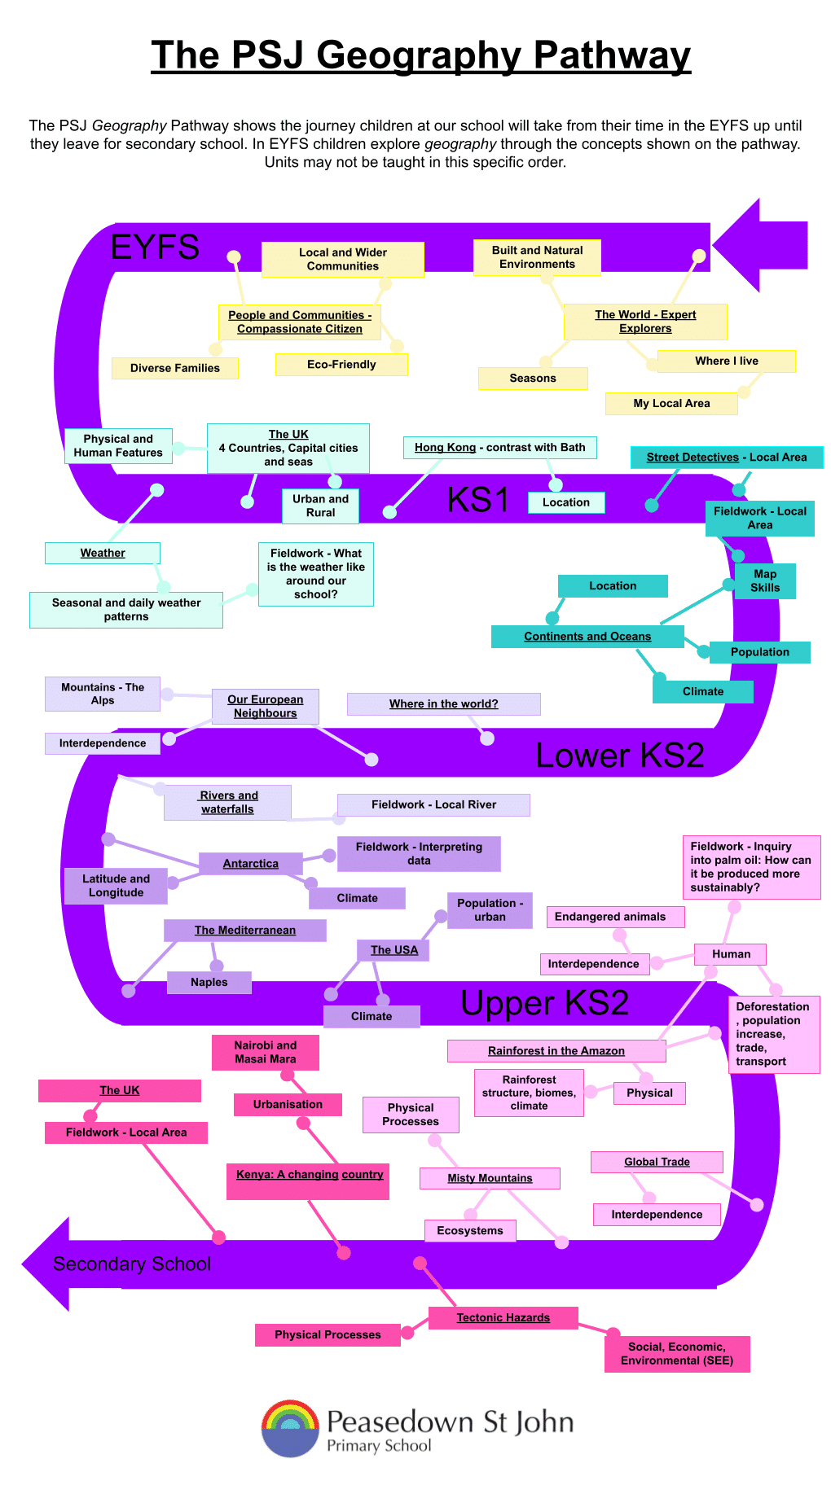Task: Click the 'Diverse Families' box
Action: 175,368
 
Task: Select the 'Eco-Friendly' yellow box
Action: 341,365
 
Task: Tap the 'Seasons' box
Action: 533,379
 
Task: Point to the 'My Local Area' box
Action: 671,403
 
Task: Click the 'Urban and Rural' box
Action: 320,506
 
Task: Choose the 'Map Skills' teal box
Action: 765,581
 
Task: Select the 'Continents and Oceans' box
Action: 587,637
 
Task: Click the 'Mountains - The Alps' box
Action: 103,694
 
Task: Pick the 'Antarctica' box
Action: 251,864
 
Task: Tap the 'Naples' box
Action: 209,983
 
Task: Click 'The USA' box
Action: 394,950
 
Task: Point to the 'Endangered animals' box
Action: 610,917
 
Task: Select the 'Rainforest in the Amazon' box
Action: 556,1051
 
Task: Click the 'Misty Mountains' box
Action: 490,1178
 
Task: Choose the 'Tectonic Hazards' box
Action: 503,1317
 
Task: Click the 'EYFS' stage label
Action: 155,247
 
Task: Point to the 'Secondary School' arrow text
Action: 132,1264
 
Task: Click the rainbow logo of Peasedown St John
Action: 290,1428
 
